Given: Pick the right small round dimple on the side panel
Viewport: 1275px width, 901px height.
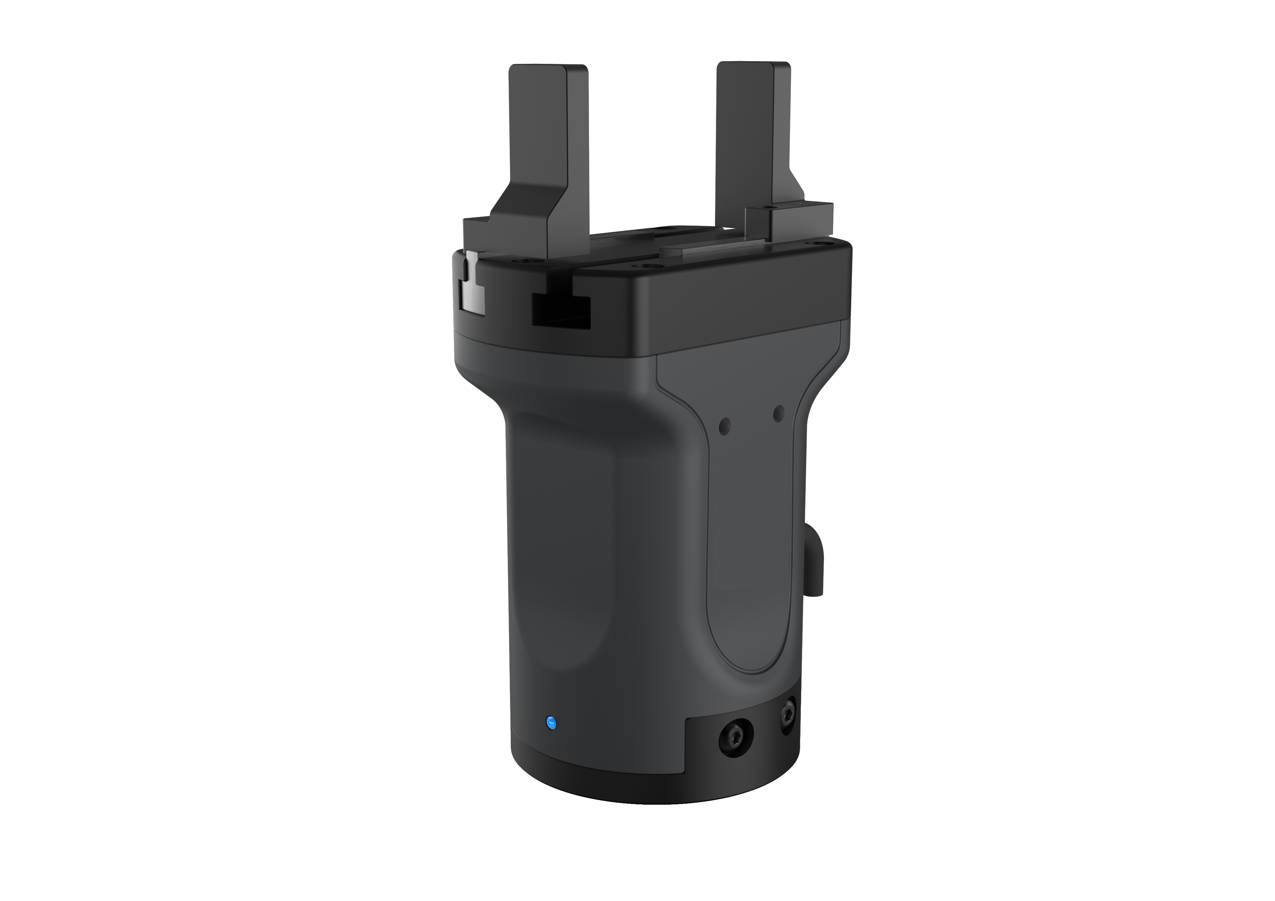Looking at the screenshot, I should coord(779,412).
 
